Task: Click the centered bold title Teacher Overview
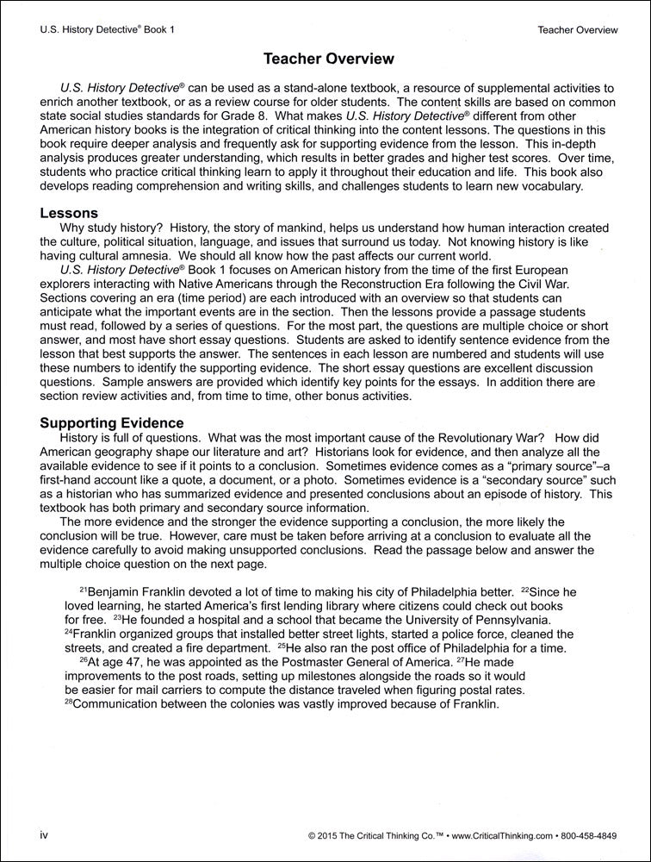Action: [x=328, y=59]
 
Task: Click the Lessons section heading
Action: [x=70, y=213]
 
